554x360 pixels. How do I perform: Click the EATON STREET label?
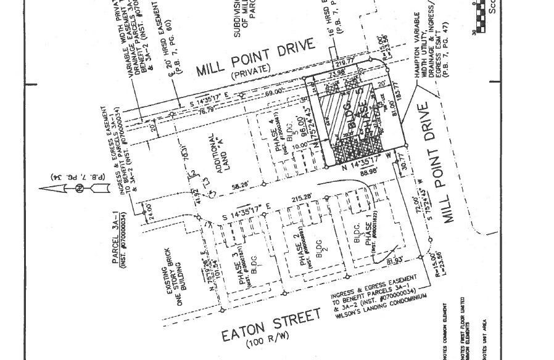[x=271, y=324]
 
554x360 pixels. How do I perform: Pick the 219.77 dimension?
[x=345, y=62]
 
